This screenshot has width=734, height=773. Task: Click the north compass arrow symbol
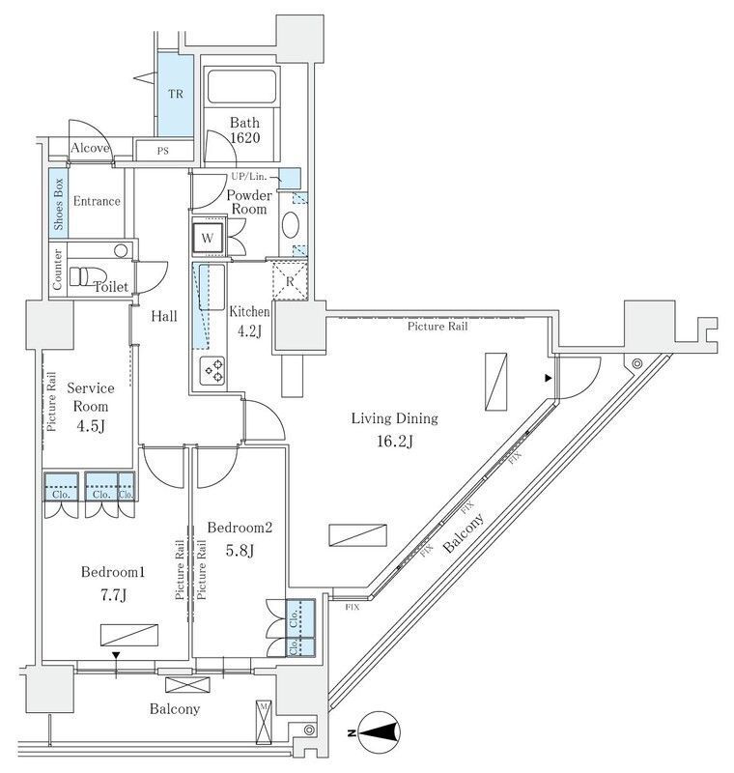[379, 731]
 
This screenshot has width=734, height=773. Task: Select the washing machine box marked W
[208, 238]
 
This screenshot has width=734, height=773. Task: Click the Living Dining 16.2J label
[394, 430]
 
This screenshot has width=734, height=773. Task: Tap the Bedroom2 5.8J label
[240, 539]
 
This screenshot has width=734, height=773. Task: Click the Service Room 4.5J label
[91, 405]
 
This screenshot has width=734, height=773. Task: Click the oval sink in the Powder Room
[290, 225]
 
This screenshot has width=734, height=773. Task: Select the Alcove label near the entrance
[90, 149]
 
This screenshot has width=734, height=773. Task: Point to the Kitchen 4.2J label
[247, 321]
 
